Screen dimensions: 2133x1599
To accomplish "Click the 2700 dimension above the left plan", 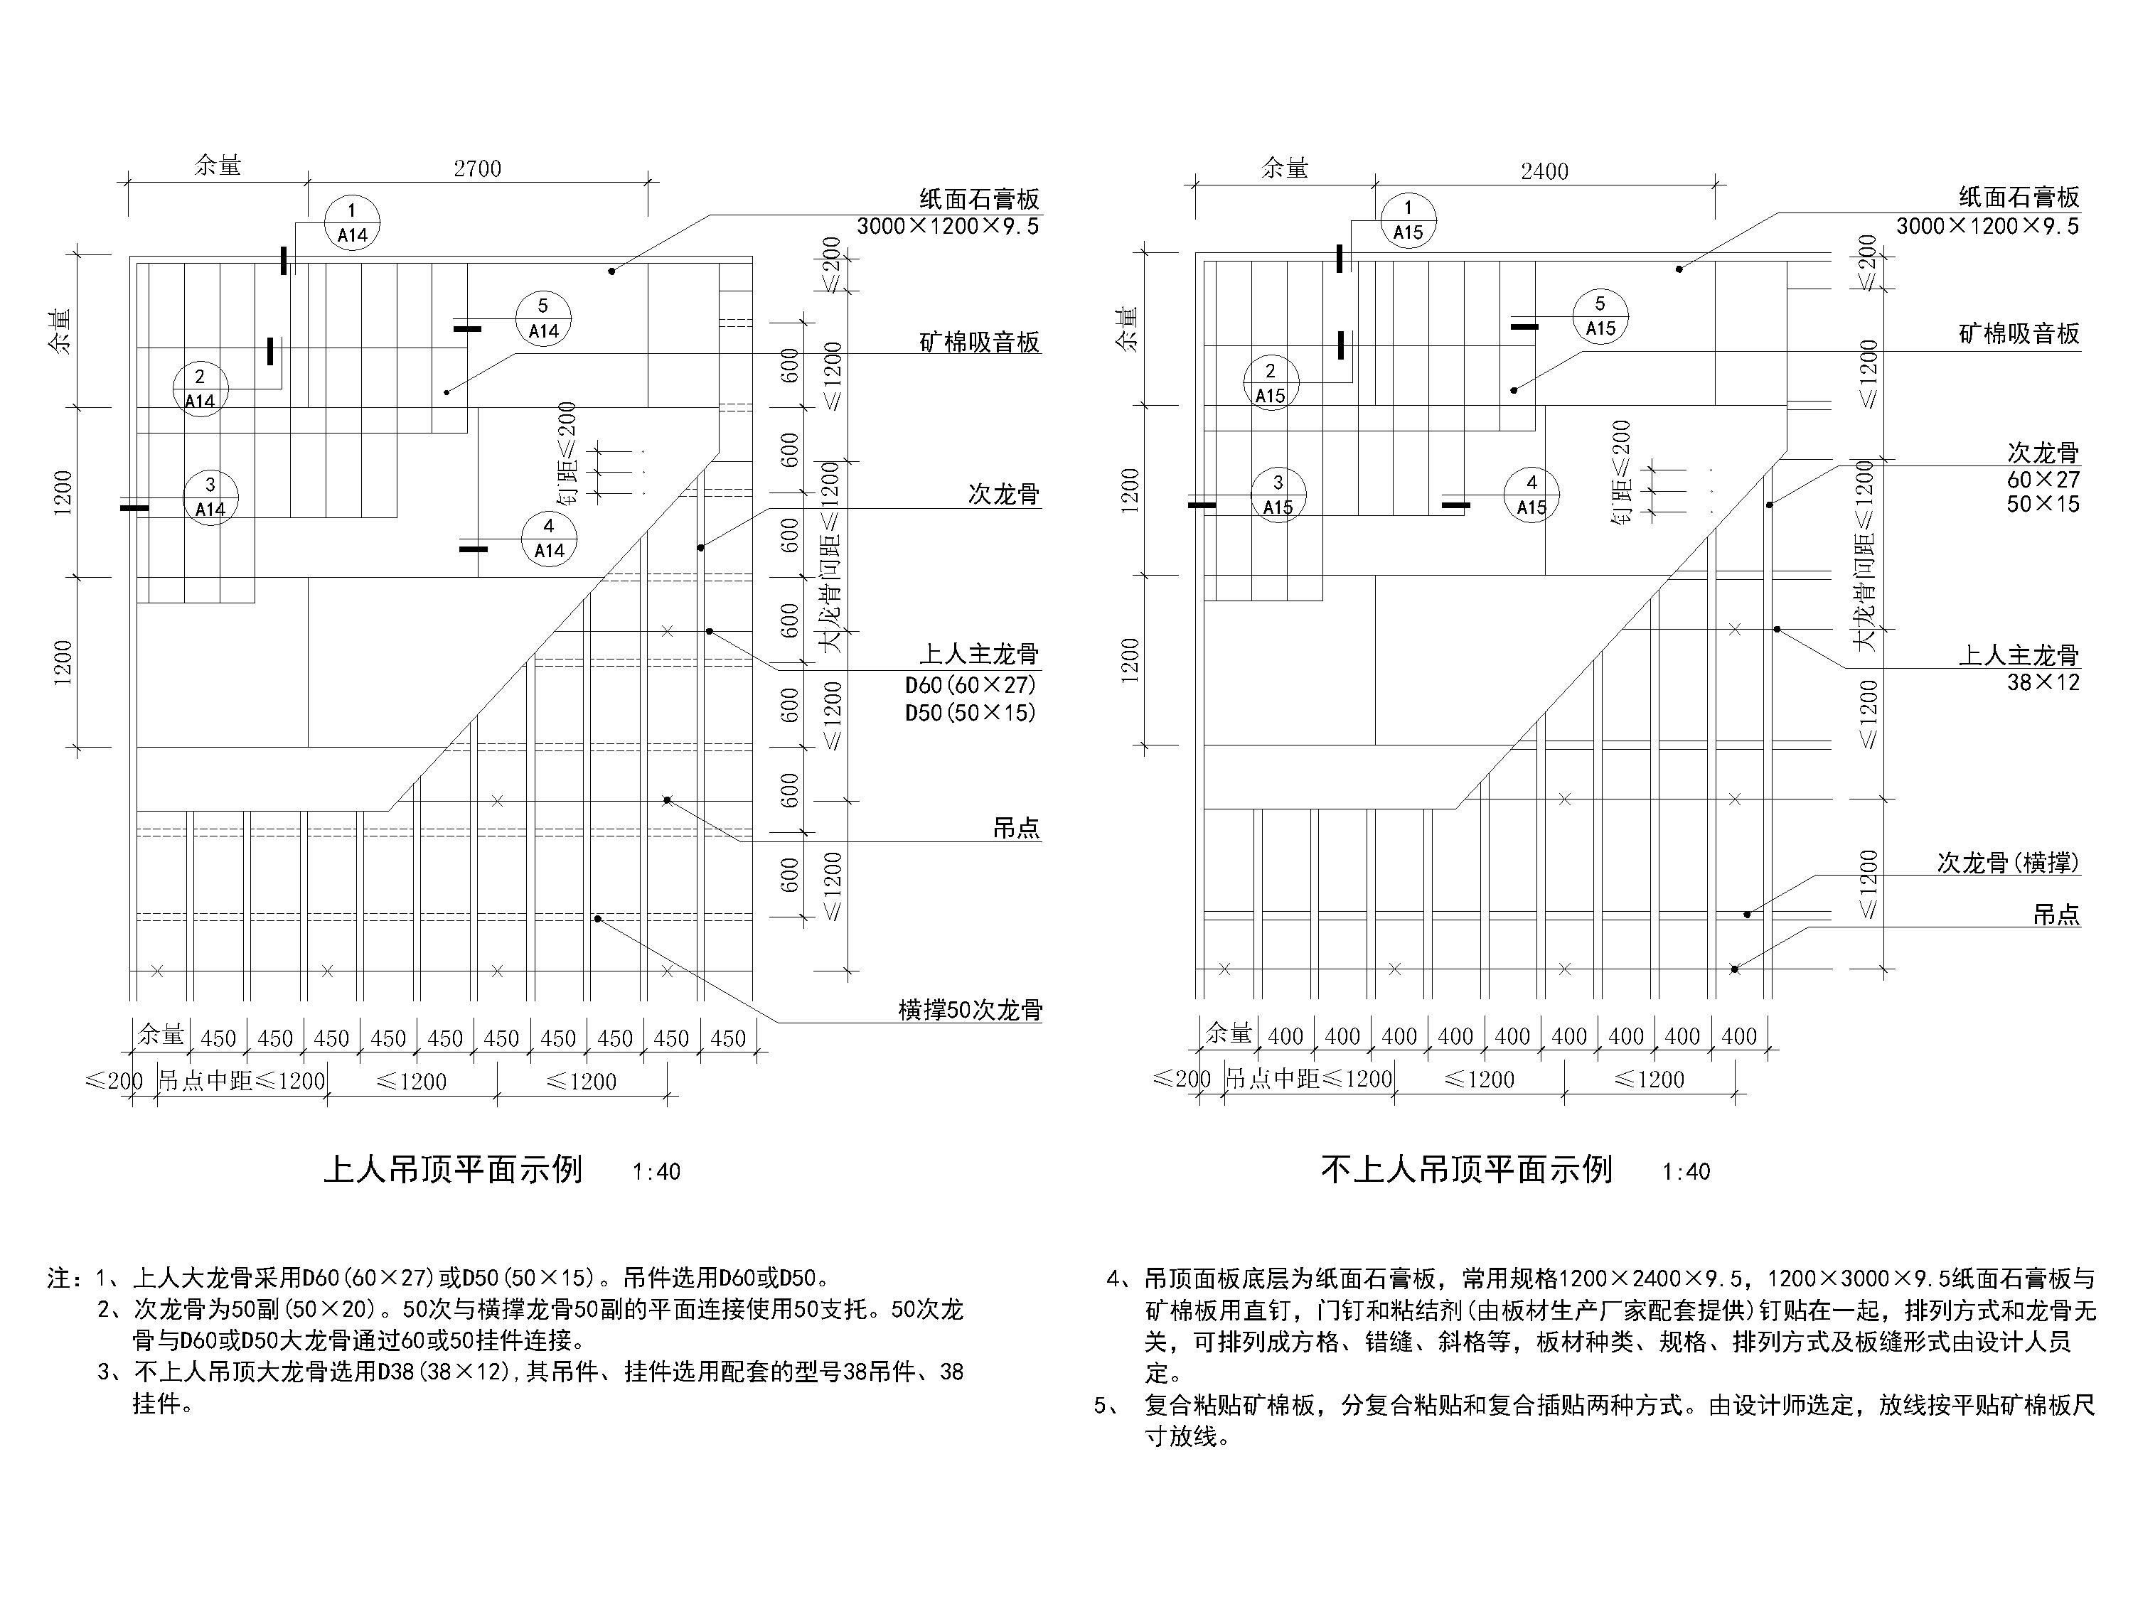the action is pos(477,170).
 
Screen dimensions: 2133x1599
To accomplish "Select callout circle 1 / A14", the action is pos(352,222).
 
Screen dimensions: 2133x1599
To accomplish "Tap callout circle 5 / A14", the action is pos(543,319).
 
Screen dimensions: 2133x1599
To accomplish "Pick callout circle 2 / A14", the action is pos(201,389).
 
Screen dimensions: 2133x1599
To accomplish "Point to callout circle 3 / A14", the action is pos(210,496).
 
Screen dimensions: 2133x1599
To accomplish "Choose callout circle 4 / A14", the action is pos(549,538).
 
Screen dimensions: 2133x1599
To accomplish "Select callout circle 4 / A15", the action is pos(1531,495).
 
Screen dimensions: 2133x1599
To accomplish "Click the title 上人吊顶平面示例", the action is pos(453,1169).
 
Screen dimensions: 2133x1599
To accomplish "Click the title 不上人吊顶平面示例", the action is pos(1467,1169).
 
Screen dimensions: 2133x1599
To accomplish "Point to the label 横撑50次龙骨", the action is pos(970,1009).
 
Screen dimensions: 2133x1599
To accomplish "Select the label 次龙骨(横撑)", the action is pos(2009,863).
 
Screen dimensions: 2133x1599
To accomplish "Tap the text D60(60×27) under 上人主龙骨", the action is pos(970,685).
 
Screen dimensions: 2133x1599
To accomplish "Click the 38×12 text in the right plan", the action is pos(2043,682).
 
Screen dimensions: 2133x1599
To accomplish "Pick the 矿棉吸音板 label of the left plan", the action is pos(980,342).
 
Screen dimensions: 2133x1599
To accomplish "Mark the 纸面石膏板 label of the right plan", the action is pos(2019,198).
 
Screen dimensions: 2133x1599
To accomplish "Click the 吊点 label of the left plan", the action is pos(1017,827).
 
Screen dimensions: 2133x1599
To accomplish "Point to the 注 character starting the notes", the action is pos(59,1279).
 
